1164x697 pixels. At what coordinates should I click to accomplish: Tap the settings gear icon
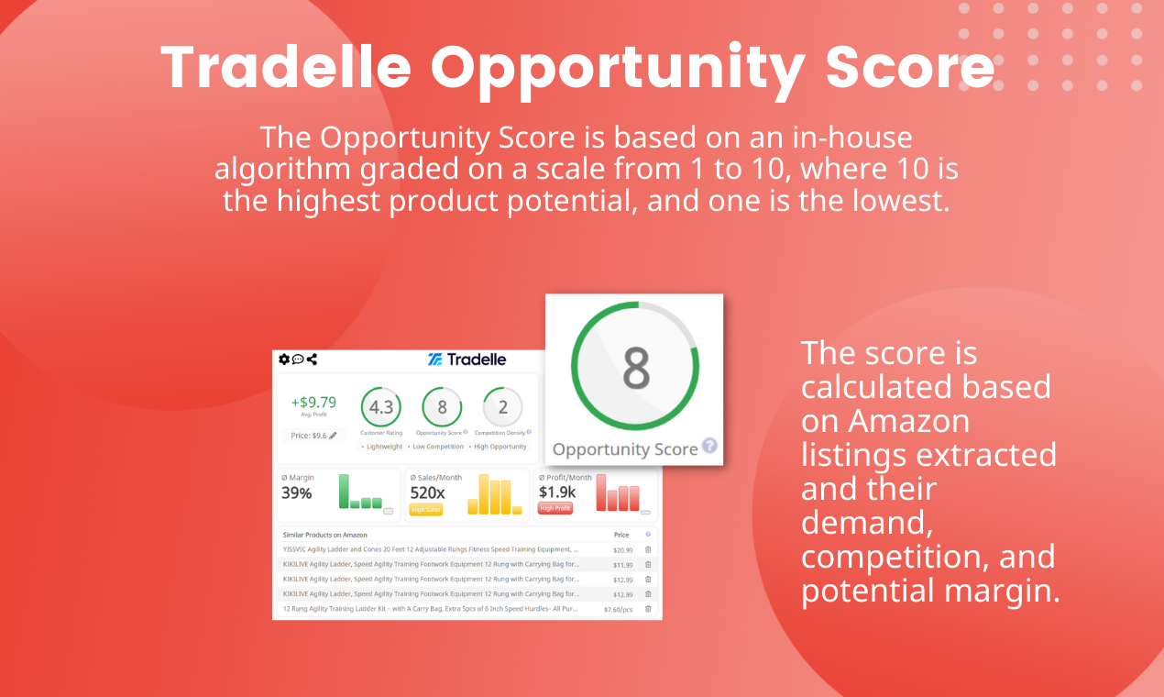tap(284, 359)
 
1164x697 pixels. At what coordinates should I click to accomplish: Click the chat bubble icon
tap(298, 359)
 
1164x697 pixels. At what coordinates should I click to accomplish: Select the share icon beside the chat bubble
tap(312, 359)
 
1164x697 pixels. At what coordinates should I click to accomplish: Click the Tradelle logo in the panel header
tap(467, 360)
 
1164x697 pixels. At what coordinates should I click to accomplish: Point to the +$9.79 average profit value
tap(313, 402)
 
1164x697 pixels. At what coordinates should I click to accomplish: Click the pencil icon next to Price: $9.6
tap(333, 436)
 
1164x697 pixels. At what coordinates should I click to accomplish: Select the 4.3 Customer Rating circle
tap(380, 407)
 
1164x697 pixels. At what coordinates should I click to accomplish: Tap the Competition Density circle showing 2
tap(503, 407)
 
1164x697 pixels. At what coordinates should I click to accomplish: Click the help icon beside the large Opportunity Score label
tap(709, 448)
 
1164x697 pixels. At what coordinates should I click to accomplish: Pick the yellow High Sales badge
tap(426, 509)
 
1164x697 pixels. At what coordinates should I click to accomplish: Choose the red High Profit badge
tap(555, 509)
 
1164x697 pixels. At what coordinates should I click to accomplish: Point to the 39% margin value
tap(297, 493)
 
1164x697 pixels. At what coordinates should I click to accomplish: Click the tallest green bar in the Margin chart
tap(344, 492)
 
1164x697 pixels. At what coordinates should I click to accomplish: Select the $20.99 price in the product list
tap(622, 550)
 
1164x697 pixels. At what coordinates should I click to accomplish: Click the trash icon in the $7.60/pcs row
tap(648, 609)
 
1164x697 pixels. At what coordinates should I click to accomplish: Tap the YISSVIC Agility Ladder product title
tap(431, 550)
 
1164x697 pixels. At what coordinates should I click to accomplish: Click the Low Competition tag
tap(438, 447)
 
